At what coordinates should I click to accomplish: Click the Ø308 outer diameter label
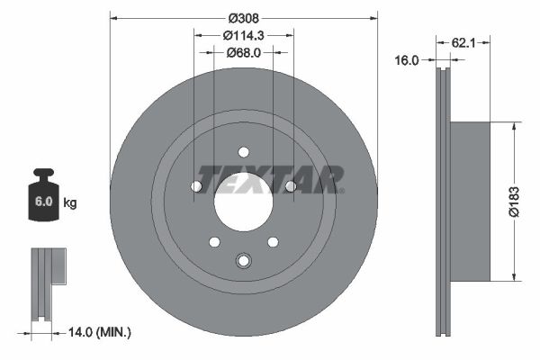coord(243,17)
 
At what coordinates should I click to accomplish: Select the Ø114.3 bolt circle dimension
coord(243,35)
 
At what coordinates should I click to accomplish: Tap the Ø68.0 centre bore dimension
coord(243,52)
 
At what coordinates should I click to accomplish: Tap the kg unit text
coord(70,203)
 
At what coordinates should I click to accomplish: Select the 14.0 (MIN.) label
coord(100,332)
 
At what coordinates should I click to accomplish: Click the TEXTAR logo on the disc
coord(269,179)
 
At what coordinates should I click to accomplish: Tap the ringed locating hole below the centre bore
coord(243,261)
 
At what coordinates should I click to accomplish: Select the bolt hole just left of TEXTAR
coord(196,186)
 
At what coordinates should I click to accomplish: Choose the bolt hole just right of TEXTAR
coord(290,186)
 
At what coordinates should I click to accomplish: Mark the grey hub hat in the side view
coord(471,201)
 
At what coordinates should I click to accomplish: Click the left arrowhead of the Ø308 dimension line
coord(112,17)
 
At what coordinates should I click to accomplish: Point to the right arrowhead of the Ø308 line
coord(373,17)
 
